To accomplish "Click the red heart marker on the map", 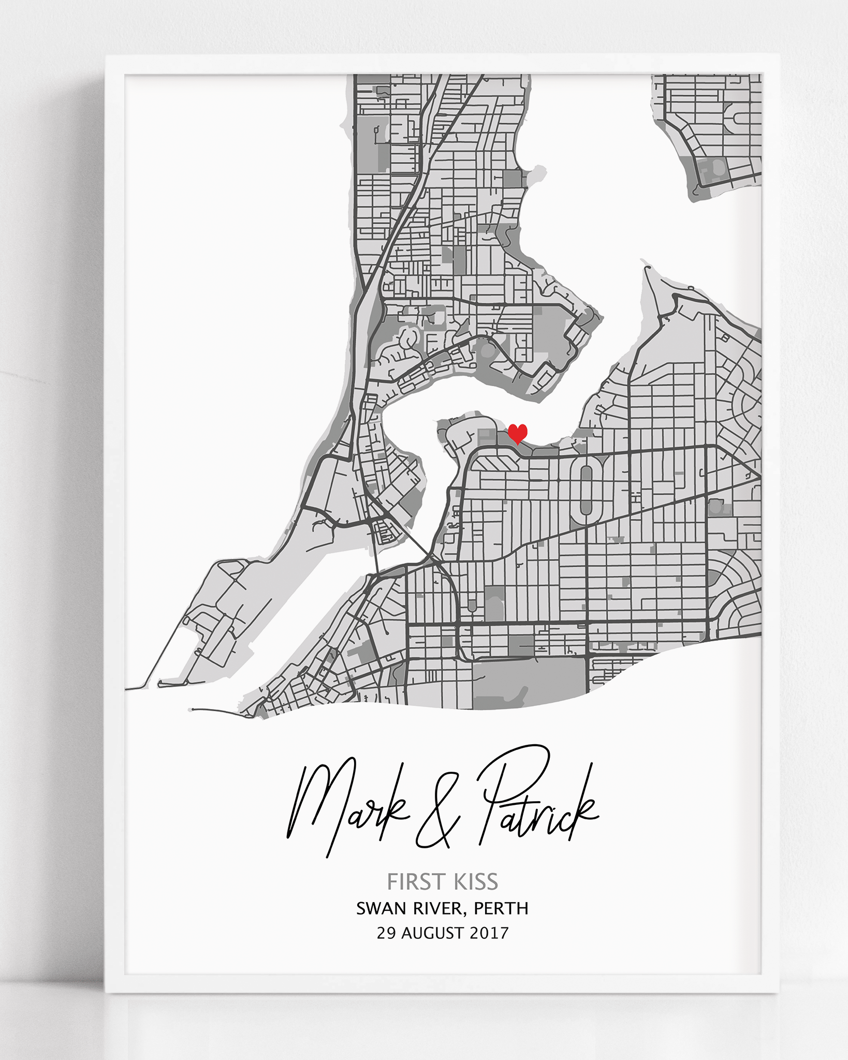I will (517, 433).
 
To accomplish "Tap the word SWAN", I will (381, 908).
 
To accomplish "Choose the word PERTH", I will (501, 908).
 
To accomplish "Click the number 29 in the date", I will (386, 933).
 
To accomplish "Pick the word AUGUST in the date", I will (433, 933).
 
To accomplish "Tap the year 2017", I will (489, 933).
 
